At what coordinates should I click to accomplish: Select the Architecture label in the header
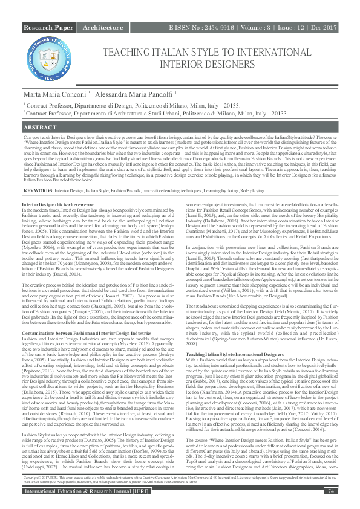pos(102,28)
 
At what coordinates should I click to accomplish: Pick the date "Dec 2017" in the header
pos(325,28)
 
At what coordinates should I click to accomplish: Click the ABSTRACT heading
pos(41,129)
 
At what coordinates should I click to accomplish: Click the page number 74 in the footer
pos(330,492)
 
